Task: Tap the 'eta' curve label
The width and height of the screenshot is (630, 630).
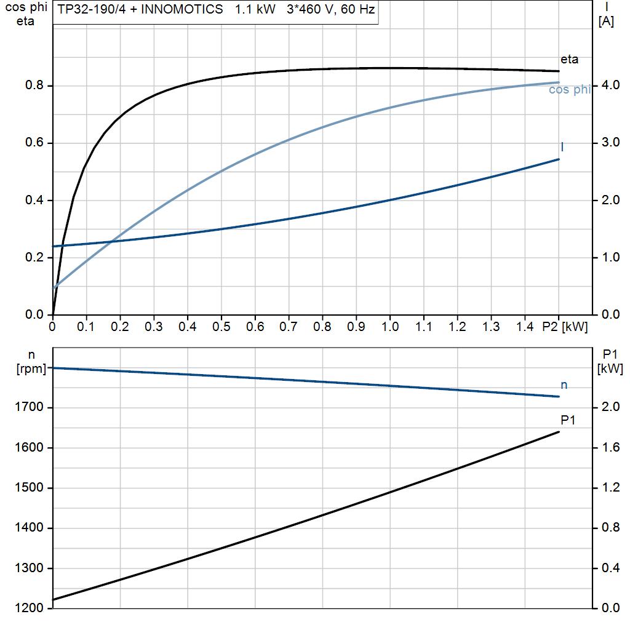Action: click(569, 60)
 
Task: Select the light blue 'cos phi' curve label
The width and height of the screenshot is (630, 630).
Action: click(569, 90)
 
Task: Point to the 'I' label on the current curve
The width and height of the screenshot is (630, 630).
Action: click(562, 147)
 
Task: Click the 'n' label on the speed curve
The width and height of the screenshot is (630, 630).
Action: click(564, 385)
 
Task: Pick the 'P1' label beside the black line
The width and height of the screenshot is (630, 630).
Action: click(568, 420)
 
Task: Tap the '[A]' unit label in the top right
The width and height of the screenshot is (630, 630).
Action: click(606, 22)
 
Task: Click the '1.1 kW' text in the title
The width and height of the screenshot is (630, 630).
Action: click(256, 10)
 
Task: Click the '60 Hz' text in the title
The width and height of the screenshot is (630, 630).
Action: click(358, 10)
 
